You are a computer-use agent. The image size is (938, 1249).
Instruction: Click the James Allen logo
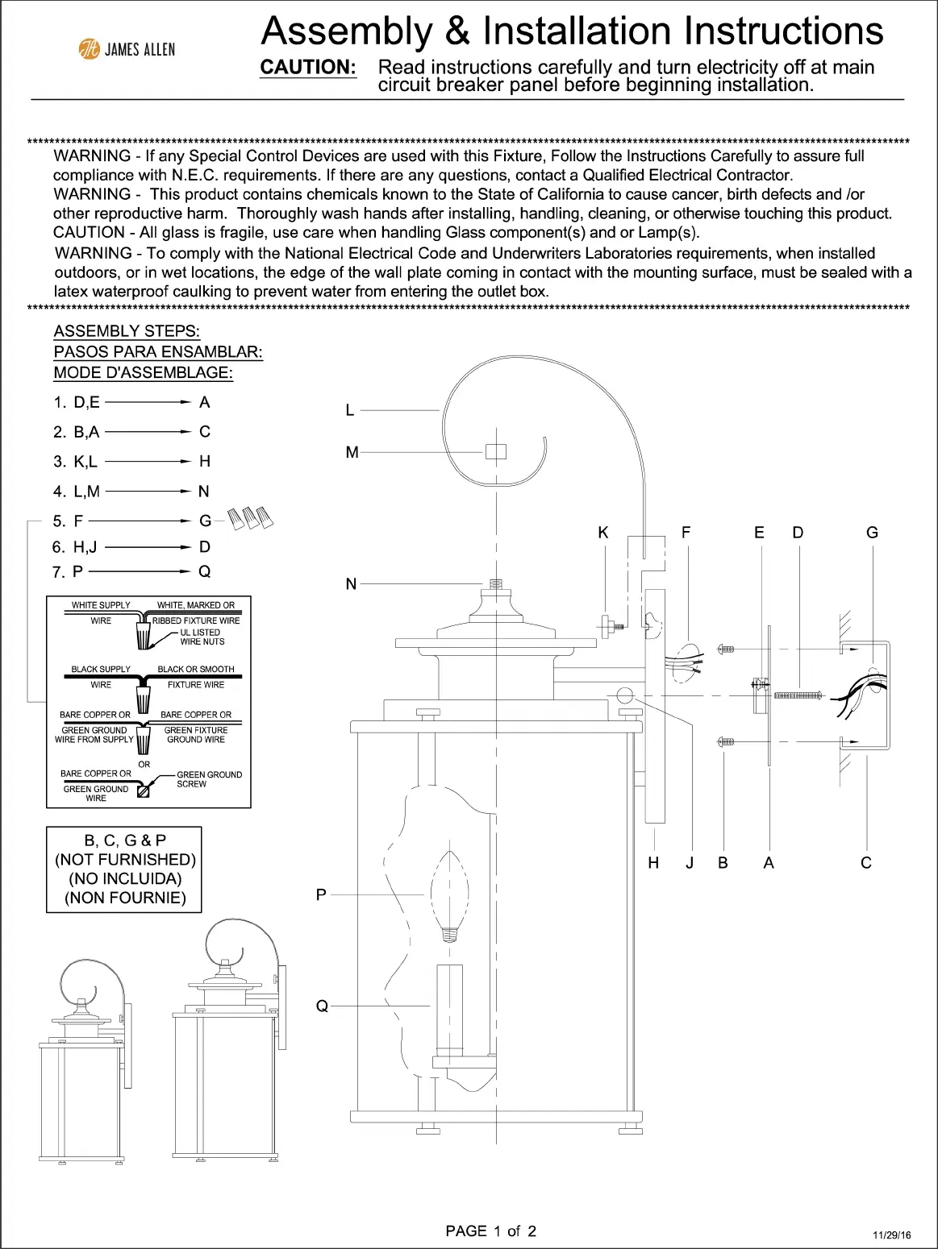(x=127, y=49)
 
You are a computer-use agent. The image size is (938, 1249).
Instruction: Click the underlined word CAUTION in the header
(x=308, y=68)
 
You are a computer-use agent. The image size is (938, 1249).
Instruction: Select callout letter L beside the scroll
(x=350, y=410)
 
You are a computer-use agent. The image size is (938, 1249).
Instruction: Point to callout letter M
(x=352, y=453)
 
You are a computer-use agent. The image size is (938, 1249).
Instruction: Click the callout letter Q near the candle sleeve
(x=322, y=1006)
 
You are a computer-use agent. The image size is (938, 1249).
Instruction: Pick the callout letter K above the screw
(x=603, y=533)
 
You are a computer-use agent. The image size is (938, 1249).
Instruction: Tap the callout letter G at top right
(x=872, y=533)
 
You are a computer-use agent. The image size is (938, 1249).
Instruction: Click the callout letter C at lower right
(x=866, y=863)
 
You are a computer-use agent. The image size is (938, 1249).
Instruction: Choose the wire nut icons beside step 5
(x=251, y=517)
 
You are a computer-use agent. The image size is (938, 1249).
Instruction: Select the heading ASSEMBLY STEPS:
(x=127, y=331)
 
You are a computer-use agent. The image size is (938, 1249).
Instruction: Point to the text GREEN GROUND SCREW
(x=208, y=779)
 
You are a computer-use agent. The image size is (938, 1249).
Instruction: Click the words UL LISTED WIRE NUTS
(x=202, y=637)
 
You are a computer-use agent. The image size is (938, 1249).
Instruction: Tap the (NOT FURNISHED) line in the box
(x=125, y=860)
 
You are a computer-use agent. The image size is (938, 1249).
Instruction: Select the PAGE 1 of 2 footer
(x=490, y=1230)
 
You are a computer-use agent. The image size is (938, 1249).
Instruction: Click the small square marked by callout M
(x=495, y=452)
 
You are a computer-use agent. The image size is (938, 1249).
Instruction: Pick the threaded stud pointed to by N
(x=495, y=583)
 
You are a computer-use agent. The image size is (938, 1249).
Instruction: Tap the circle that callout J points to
(x=624, y=695)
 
